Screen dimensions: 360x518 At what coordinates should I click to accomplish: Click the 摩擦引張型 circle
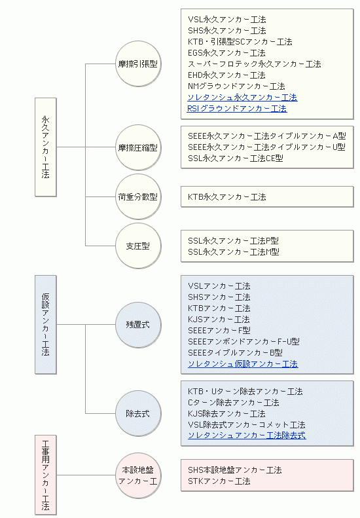[x=138, y=64]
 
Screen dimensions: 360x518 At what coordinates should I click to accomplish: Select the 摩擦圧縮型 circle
[x=138, y=147]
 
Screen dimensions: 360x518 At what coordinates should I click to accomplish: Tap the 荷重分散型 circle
[x=138, y=197]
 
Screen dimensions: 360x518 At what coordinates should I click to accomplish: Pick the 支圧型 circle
[x=138, y=246]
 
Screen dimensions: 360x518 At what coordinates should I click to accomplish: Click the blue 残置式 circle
[x=138, y=324]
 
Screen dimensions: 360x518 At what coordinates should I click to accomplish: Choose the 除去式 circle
[x=138, y=413]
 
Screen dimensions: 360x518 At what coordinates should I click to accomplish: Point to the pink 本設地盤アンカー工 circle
[x=138, y=475]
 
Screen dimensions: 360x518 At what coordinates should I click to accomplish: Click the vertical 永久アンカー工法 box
[x=46, y=147]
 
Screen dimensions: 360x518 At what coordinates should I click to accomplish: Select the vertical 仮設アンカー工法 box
[x=46, y=324]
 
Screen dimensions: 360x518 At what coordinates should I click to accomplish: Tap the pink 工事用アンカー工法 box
[x=46, y=475]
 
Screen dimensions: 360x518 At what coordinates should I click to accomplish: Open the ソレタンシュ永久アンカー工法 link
[x=242, y=98]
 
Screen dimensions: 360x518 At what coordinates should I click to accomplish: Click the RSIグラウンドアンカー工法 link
[x=237, y=109]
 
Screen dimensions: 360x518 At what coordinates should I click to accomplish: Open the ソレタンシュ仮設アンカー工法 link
[x=243, y=364]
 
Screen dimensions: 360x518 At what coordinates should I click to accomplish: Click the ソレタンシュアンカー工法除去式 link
[x=247, y=435]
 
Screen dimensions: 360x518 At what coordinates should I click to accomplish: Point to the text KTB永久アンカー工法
[x=227, y=197]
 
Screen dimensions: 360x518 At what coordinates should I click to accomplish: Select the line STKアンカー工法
[x=219, y=481]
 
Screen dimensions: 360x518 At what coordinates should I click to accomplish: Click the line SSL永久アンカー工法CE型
[x=236, y=158]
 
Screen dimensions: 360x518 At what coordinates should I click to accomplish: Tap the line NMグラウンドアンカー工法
[x=236, y=86]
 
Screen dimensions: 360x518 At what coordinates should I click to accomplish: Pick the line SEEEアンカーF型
[x=219, y=330]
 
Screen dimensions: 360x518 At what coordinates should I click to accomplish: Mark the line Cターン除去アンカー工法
[x=234, y=402]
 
